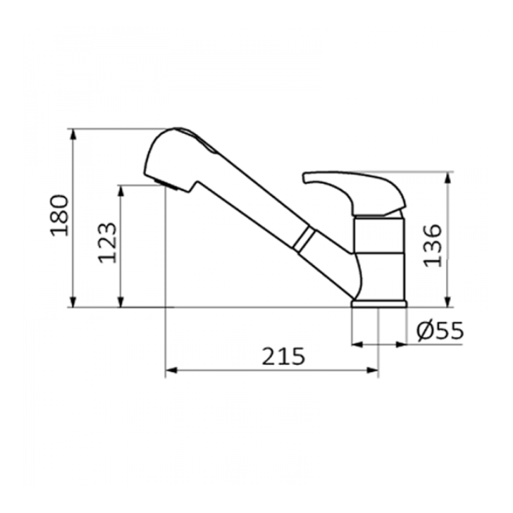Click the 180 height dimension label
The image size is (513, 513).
pos(60,215)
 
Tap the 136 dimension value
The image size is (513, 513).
pos(432,245)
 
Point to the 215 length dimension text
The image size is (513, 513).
pos(284,356)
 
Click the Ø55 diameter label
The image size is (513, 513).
pos(440,331)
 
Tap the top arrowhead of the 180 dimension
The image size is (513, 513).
pos(73,135)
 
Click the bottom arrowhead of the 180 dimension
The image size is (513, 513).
pos(73,301)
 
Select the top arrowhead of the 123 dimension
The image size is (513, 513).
pos(121,191)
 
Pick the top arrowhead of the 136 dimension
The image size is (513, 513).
pos(448,177)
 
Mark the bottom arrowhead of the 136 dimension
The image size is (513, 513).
pos(448,301)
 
